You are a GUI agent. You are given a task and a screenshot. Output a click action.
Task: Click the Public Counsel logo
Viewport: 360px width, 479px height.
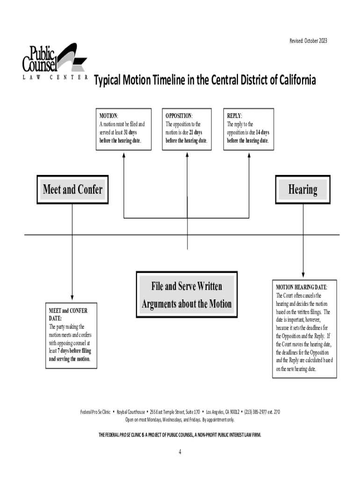(x=54, y=61)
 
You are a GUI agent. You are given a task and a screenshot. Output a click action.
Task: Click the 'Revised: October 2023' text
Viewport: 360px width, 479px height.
(x=308, y=41)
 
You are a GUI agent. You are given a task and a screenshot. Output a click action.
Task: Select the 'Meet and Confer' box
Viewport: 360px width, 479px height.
(x=72, y=189)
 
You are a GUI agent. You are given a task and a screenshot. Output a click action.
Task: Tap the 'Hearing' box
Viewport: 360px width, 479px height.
(x=303, y=189)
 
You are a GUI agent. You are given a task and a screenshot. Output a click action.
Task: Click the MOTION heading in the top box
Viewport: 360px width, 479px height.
(x=108, y=116)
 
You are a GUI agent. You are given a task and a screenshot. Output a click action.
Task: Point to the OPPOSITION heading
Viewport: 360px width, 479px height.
(x=179, y=116)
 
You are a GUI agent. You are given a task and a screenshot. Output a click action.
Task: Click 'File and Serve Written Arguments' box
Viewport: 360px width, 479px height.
(x=187, y=295)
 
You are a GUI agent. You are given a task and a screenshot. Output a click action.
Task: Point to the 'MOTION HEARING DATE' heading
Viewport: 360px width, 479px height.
(x=301, y=287)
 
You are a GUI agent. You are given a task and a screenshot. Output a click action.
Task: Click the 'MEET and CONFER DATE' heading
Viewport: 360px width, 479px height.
(x=68, y=314)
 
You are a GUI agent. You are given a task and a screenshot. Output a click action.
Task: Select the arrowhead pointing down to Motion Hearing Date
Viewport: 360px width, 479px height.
(x=303, y=274)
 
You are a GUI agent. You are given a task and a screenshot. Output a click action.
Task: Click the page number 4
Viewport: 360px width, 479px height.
(x=180, y=452)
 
